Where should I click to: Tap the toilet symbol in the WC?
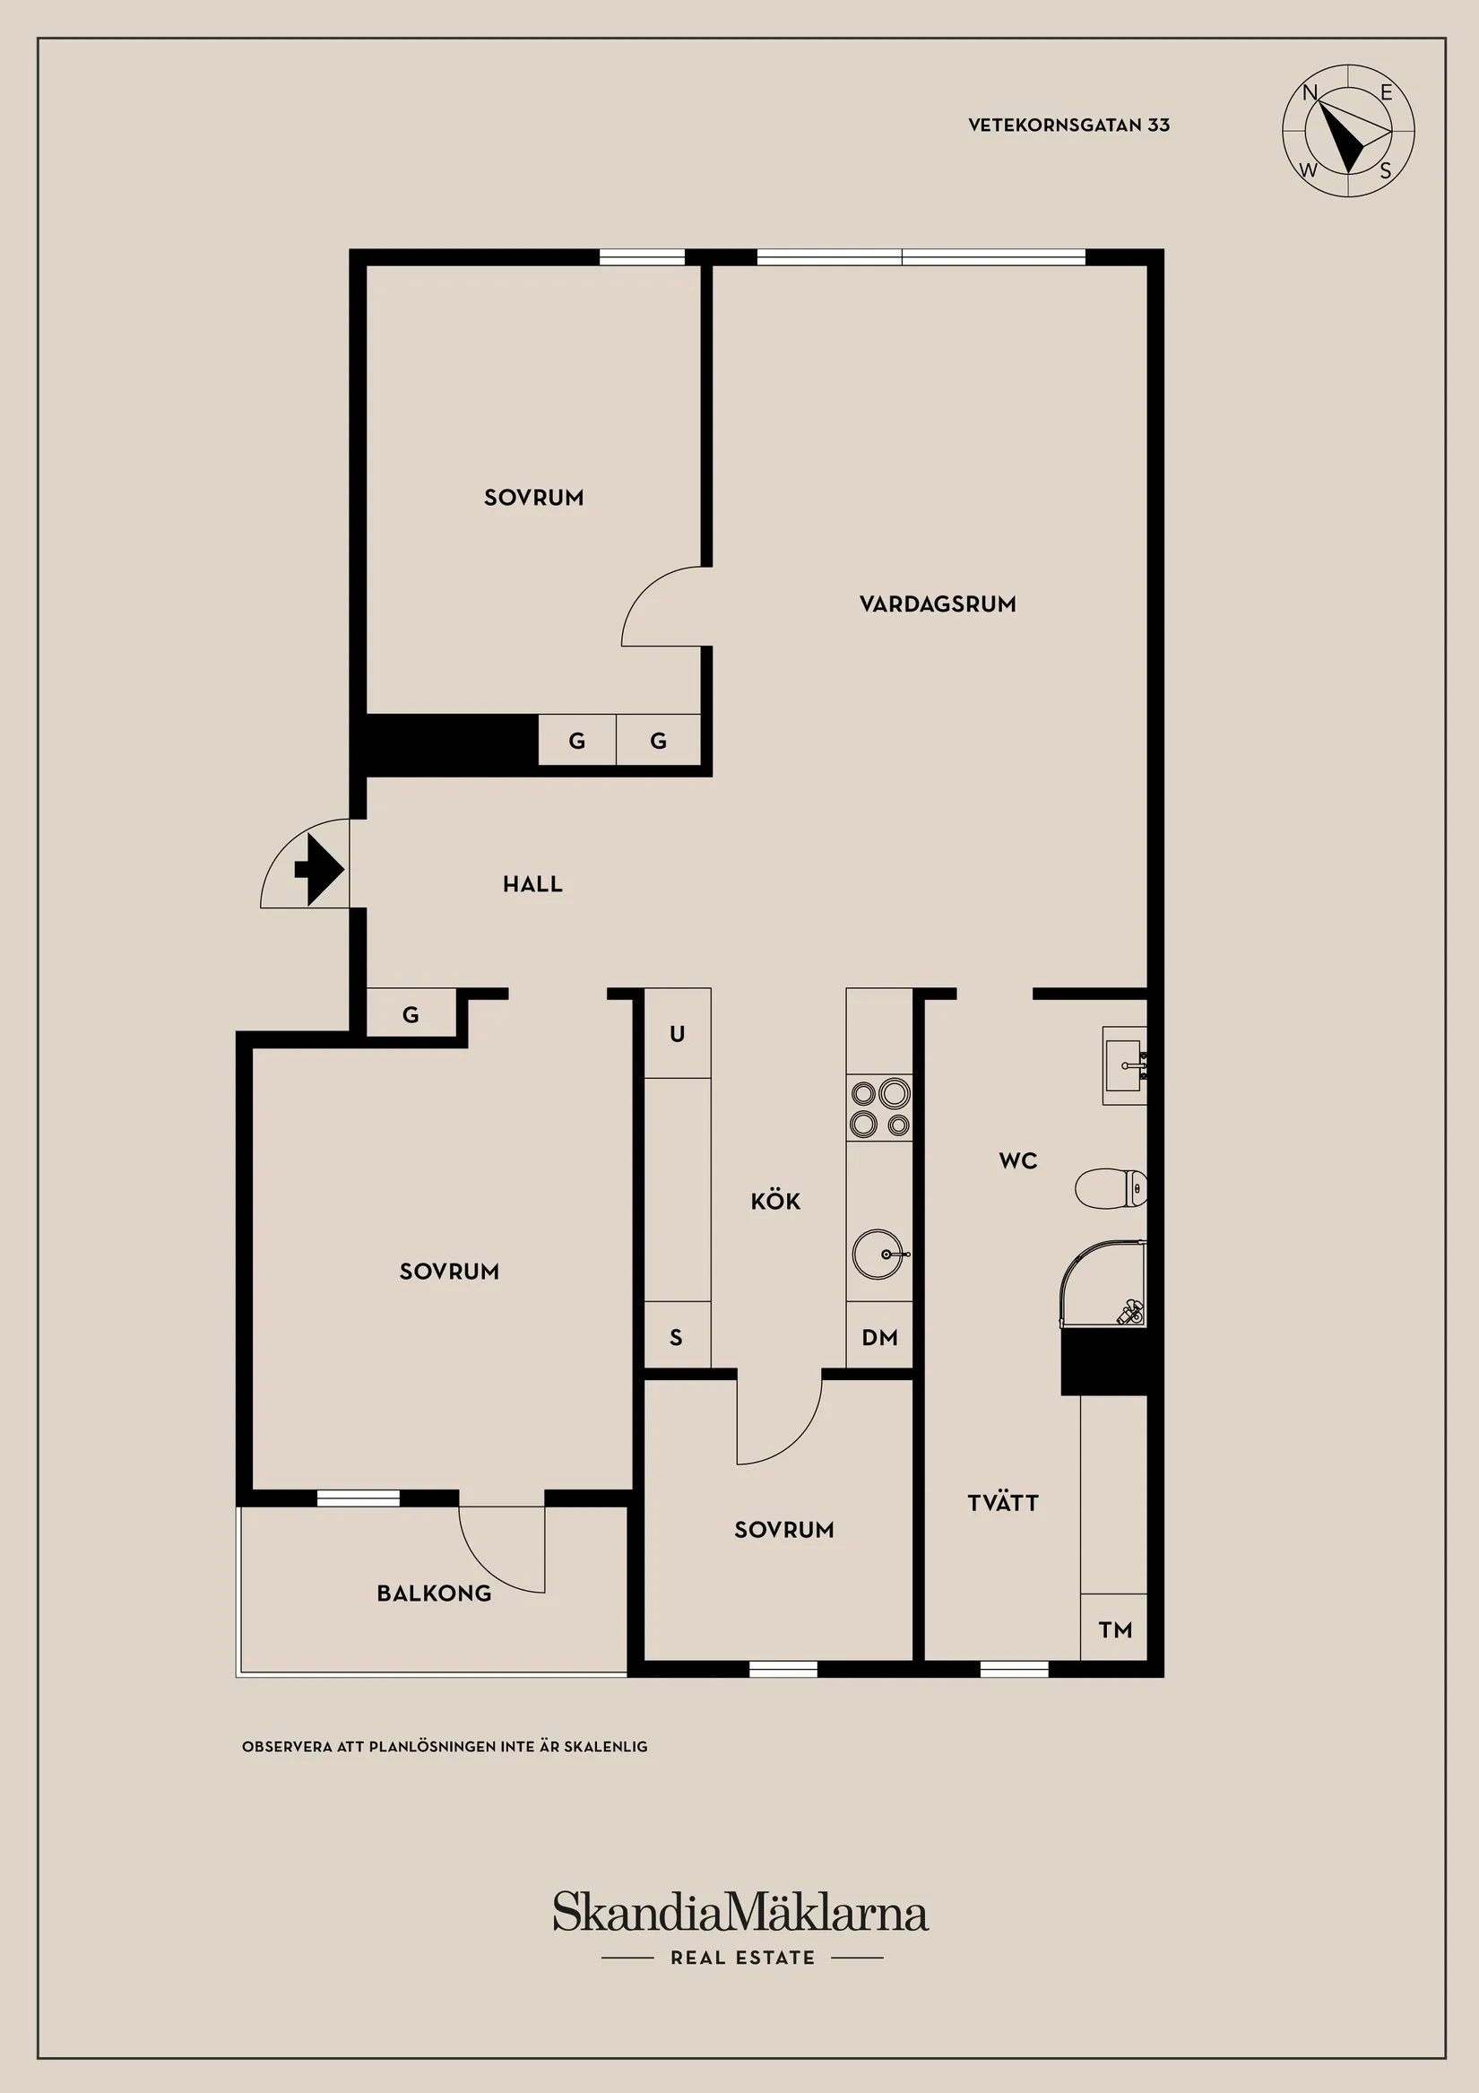click(x=1111, y=1189)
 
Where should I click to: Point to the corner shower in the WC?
click(x=1103, y=1283)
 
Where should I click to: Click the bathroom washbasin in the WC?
click(x=1125, y=1064)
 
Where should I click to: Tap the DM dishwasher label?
click(x=879, y=1337)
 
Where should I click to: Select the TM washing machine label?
click(x=1115, y=1630)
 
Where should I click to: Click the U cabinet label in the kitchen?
click(x=677, y=1034)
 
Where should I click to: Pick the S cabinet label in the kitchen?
click(x=676, y=1337)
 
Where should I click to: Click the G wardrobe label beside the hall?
click(x=411, y=1014)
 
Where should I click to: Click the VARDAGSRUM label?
click(x=938, y=604)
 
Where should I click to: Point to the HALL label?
click(x=533, y=883)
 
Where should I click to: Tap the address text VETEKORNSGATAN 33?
click(x=1069, y=125)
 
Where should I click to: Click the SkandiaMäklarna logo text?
click(x=741, y=1913)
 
